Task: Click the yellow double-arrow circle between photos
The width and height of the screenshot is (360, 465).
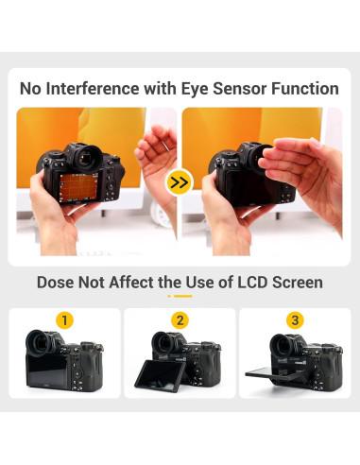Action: [180, 182]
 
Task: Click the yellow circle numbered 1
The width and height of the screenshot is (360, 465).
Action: [64, 320]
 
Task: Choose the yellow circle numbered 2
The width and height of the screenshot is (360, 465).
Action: [180, 320]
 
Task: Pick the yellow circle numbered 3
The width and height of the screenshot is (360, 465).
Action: [295, 320]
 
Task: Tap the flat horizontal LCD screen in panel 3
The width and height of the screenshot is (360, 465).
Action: [273, 371]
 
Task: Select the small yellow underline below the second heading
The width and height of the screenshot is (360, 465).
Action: [180, 297]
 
